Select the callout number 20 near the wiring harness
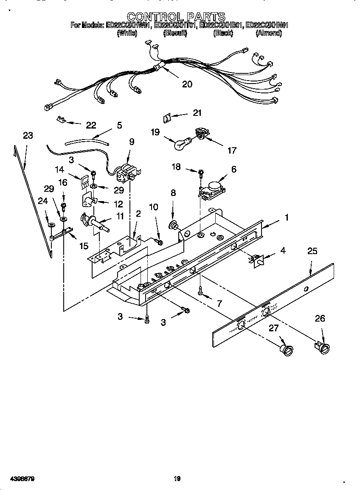(187, 84)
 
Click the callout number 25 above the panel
(312, 251)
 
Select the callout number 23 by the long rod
(28, 135)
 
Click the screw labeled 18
(201, 171)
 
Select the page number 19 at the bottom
(177, 479)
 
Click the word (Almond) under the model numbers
(268, 33)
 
